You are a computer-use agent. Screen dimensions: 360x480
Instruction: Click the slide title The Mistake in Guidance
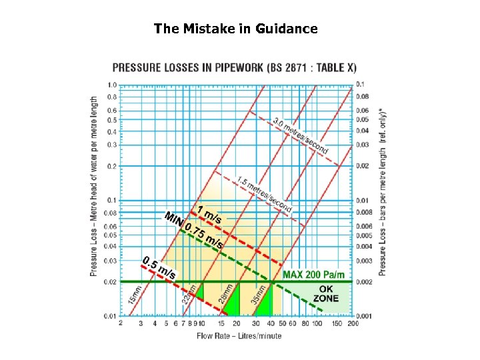[235, 29]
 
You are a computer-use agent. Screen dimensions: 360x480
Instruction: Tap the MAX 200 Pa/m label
[313, 275]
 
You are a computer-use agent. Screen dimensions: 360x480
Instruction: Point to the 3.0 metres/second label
[301, 137]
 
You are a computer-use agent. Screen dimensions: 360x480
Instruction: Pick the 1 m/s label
[209, 214]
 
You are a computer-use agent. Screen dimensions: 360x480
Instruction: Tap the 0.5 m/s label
[160, 268]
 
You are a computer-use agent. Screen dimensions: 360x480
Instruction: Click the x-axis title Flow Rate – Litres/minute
[239, 335]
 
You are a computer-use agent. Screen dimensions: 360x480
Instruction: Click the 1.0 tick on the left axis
[112, 85]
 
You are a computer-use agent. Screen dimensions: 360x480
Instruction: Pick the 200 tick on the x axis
[353, 323]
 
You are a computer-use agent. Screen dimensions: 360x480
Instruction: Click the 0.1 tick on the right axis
[360, 84]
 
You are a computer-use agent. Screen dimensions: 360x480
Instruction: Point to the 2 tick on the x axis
[121, 323]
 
